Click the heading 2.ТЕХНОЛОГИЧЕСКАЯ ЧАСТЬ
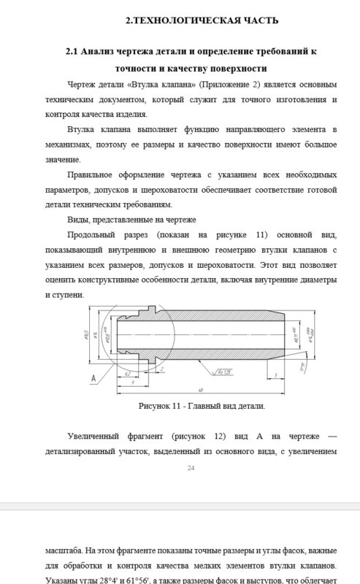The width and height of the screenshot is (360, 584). click(x=191, y=20)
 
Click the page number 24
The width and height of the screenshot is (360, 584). click(x=191, y=468)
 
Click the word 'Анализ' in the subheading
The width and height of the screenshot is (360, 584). click(x=101, y=53)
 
